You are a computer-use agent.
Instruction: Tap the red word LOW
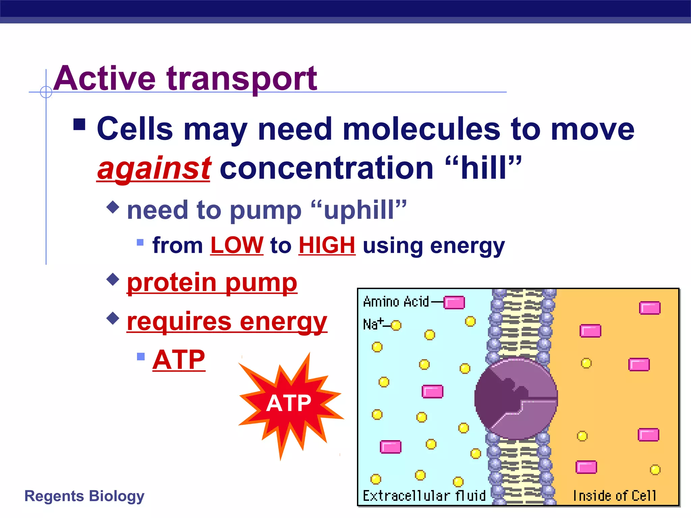pyautogui.click(x=237, y=245)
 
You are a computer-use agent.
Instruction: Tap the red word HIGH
pyautogui.click(x=327, y=245)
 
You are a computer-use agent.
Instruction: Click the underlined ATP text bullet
pyautogui.click(x=179, y=359)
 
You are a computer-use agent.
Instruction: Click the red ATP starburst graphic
pyautogui.click(x=289, y=403)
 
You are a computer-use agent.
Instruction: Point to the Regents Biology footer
pyautogui.click(x=84, y=496)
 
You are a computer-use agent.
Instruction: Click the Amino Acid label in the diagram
pyautogui.click(x=396, y=301)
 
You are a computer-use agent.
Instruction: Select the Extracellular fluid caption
pyautogui.click(x=424, y=496)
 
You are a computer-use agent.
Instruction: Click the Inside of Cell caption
pyautogui.click(x=614, y=496)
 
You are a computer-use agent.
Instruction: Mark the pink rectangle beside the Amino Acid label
pyautogui.click(x=454, y=303)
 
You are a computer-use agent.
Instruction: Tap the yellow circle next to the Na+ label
pyautogui.click(x=396, y=325)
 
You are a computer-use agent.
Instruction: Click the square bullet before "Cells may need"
pyautogui.click(x=79, y=124)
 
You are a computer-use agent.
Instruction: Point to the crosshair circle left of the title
pyautogui.click(x=46, y=92)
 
